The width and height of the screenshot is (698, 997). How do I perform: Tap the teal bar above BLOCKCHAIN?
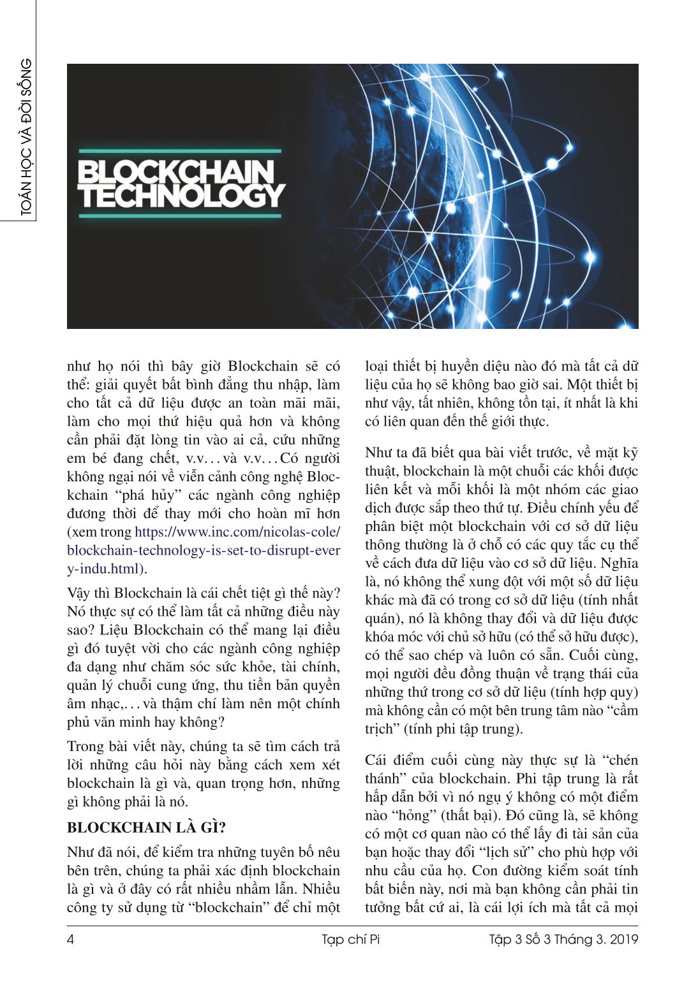click(x=179, y=151)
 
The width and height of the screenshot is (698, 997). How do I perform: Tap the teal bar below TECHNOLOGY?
click(x=179, y=216)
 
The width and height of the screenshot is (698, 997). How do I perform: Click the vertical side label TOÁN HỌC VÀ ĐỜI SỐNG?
click(x=26, y=137)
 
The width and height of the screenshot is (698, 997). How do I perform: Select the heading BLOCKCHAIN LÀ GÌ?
click(x=146, y=827)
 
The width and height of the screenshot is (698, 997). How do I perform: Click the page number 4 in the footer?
click(x=71, y=939)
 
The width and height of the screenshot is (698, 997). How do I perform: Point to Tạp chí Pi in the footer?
click(x=350, y=939)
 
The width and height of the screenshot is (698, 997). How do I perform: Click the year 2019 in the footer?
click(x=623, y=939)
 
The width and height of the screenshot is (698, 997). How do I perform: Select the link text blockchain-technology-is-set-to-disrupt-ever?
click(x=203, y=550)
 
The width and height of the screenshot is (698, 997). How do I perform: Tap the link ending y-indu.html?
click(x=105, y=569)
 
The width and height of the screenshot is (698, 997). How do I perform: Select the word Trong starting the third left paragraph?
click(x=85, y=746)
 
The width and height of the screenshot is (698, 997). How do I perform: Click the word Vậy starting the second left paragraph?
click(x=79, y=593)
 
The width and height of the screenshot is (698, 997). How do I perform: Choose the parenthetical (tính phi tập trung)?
click(x=463, y=729)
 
